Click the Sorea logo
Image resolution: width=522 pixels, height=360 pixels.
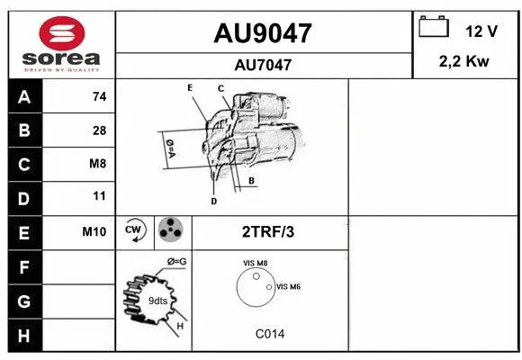point(61,44)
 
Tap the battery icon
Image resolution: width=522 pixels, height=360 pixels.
point(434,28)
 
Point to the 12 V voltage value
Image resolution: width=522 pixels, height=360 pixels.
point(481,31)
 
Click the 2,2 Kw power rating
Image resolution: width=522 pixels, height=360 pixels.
point(464,63)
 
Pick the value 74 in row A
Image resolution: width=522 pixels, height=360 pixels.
point(99,97)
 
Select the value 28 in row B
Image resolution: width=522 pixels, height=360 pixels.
point(99,130)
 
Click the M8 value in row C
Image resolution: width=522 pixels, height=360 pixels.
point(98,164)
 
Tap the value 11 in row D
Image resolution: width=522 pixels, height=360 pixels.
point(99,196)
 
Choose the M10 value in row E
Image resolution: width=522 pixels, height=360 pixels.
point(94,232)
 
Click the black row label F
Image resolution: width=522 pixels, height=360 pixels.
point(23,267)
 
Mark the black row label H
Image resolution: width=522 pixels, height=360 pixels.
point(23,335)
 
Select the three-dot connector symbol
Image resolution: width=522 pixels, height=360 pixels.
point(171,231)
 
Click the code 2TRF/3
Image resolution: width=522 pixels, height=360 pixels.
point(268,232)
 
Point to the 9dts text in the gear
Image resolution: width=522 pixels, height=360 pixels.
point(158,300)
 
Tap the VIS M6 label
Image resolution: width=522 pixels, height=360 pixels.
point(288,286)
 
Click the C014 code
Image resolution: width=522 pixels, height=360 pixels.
point(269,334)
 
